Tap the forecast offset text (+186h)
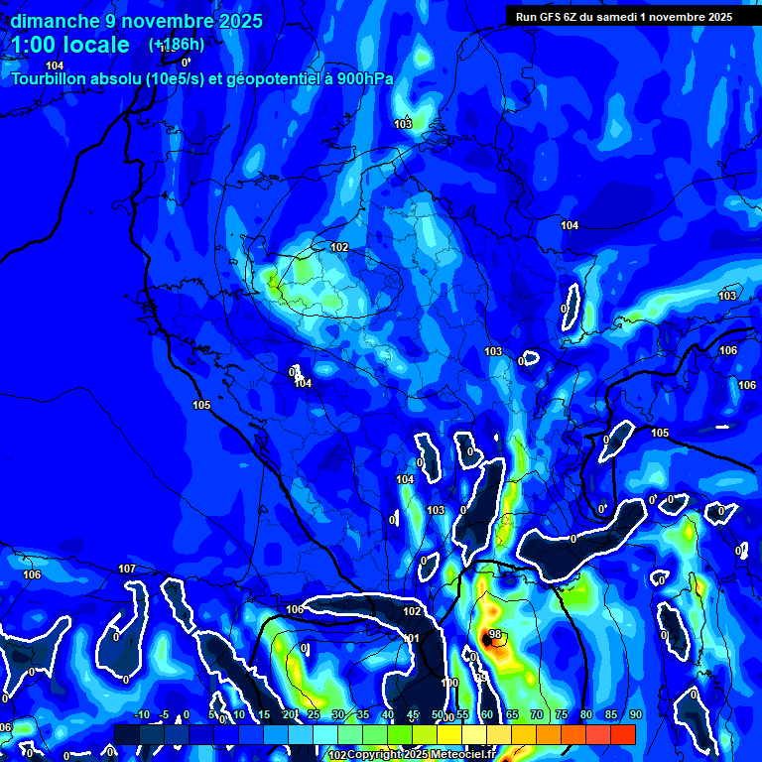[x=177, y=44]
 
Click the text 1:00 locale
[x=70, y=45]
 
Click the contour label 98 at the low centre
[x=495, y=634]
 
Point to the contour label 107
[x=126, y=569]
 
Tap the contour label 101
[x=412, y=638]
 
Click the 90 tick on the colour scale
[x=635, y=714]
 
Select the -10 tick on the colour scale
[x=141, y=714]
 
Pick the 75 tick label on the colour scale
[x=562, y=714]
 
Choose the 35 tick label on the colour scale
[x=362, y=714]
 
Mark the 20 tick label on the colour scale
[x=288, y=714]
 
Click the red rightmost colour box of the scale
[x=622, y=734]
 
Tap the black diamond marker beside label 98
[x=487, y=633]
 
